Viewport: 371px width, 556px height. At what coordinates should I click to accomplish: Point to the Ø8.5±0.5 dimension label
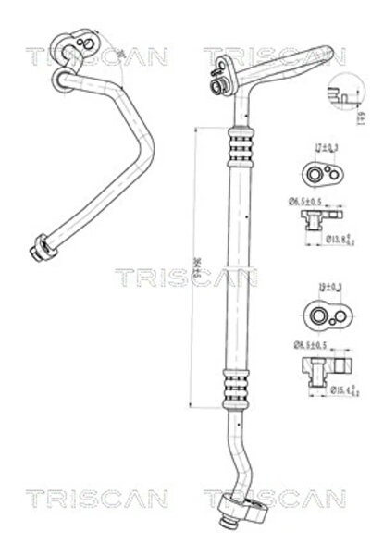303,346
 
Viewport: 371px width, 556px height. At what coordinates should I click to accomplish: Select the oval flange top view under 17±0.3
318,173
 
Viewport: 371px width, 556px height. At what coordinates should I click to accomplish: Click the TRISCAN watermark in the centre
185,277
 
